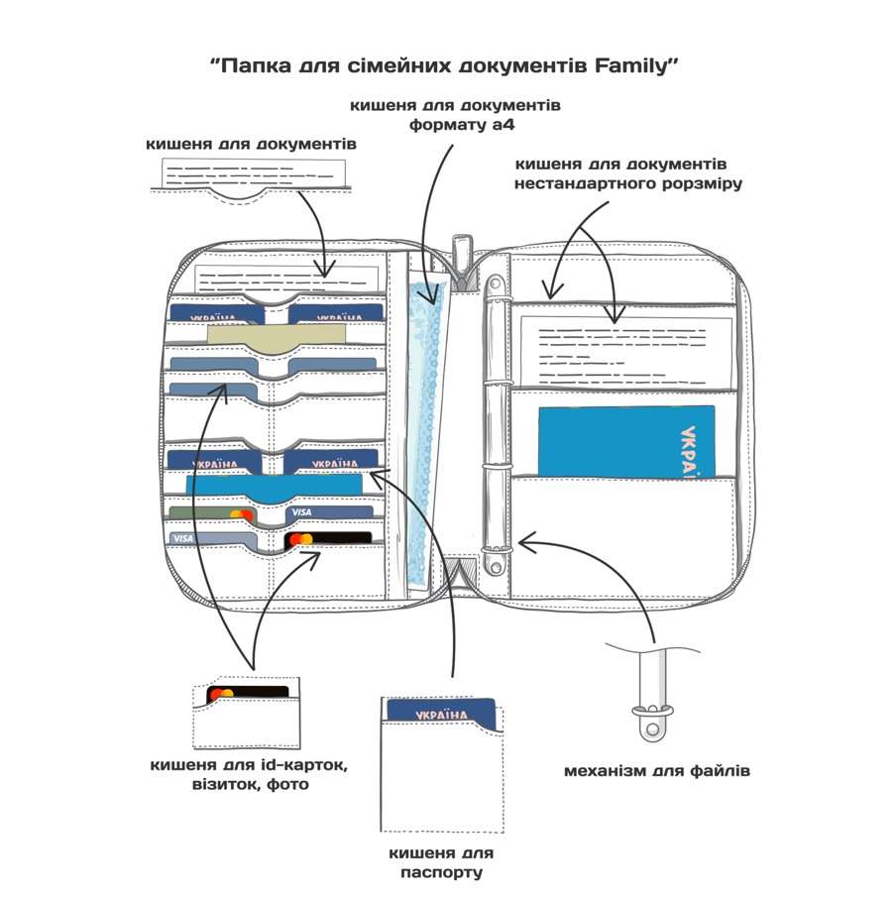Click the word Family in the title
pos(631,65)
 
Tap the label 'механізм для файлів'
pos(657,770)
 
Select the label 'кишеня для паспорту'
pos(440,862)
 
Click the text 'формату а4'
pos(462,125)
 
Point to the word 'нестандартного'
pos(584,183)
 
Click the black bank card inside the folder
pos(328,539)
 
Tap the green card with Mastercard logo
pos(212,514)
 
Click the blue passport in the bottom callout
pos(442,713)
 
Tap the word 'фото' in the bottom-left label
pos(287,784)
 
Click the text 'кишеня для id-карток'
pos(249,765)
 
